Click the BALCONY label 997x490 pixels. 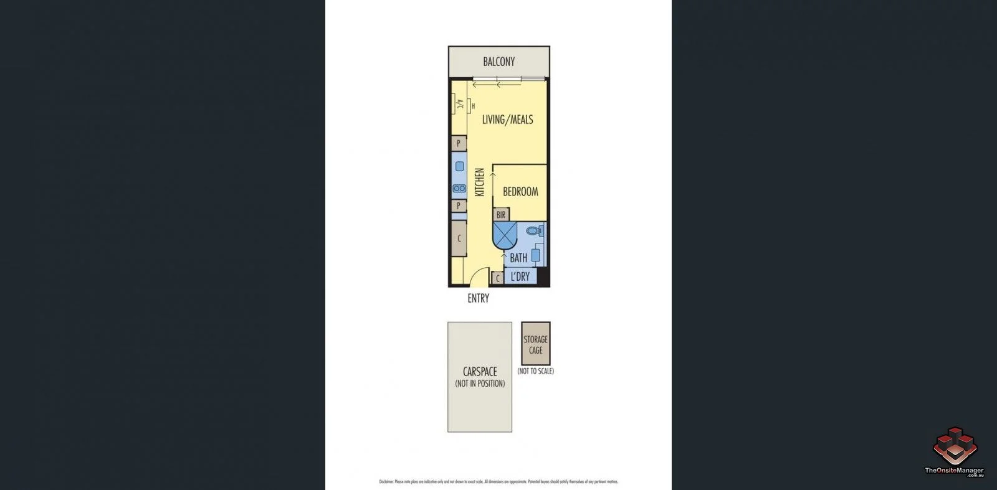tap(499, 62)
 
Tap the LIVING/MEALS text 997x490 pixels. tap(507, 120)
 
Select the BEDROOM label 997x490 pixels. tap(520, 192)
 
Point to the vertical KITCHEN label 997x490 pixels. tap(480, 182)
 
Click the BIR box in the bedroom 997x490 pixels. tap(501, 215)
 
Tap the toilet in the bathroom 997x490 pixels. tap(534, 231)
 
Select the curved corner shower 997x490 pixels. tap(505, 235)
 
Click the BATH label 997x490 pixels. tap(518, 258)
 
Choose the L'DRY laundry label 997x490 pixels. tap(520, 276)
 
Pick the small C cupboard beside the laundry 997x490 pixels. tap(497, 278)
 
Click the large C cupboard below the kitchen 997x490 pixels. tap(459, 238)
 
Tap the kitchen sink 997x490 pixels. tap(459, 166)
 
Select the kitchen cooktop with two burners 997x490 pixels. tap(459, 188)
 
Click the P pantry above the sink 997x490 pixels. tap(459, 144)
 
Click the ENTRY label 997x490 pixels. tap(478, 298)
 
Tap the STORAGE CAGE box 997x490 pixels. tap(535, 344)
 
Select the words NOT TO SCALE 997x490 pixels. tap(535, 371)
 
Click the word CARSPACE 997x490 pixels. tap(480, 372)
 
